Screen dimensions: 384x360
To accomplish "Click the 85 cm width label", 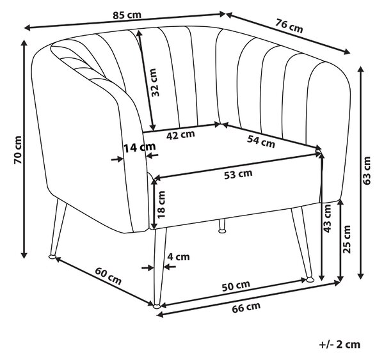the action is pyautogui.click(x=127, y=15).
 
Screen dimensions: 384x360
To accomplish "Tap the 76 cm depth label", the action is pyautogui.click(x=289, y=26).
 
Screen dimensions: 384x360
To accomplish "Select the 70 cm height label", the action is pyautogui.click(x=18, y=150).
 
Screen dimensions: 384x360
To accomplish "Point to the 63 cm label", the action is pyautogui.click(x=367, y=171).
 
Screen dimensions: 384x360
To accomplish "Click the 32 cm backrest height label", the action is pyautogui.click(x=154, y=82).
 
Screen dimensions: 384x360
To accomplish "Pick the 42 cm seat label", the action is pyautogui.click(x=180, y=135).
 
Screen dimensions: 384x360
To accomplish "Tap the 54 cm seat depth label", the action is pyautogui.click(x=261, y=142).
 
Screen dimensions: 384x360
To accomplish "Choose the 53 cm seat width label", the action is pyautogui.click(x=238, y=174).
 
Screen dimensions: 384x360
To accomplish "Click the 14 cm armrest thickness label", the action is pyautogui.click(x=140, y=148).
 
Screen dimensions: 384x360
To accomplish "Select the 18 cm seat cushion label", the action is pyautogui.click(x=162, y=205).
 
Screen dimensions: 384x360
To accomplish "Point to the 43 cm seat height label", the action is pyautogui.click(x=327, y=218).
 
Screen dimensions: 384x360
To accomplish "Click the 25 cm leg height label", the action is pyautogui.click(x=346, y=239).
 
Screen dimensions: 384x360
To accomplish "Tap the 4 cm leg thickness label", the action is pyautogui.click(x=179, y=256).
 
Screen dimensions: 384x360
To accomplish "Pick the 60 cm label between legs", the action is pyautogui.click(x=108, y=276).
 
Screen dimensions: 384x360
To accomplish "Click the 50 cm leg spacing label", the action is pyautogui.click(x=236, y=286).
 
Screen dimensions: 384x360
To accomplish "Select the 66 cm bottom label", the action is pyautogui.click(x=246, y=308).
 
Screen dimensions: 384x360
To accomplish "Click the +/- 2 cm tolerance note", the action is pyautogui.click(x=340, y=345).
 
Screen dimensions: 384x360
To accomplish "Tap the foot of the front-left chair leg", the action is pyautogui.click(x=52, y=256).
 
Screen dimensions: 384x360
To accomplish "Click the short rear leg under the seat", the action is pyautogui.click(x=222, y=226).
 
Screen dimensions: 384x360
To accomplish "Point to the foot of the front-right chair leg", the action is pyautogui.click(x=310, y=279).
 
